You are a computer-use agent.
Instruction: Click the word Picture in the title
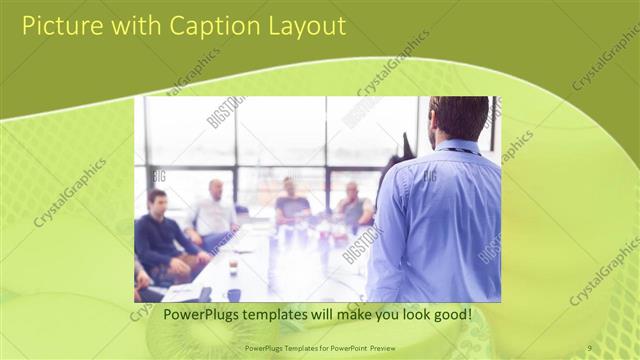click(62, 26)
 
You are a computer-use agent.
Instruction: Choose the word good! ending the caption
click(450, 315)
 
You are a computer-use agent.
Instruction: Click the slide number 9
click(590, 347)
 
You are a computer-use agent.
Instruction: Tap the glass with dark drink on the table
click(233, 266)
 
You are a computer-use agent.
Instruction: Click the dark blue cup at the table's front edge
click(234, 294)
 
